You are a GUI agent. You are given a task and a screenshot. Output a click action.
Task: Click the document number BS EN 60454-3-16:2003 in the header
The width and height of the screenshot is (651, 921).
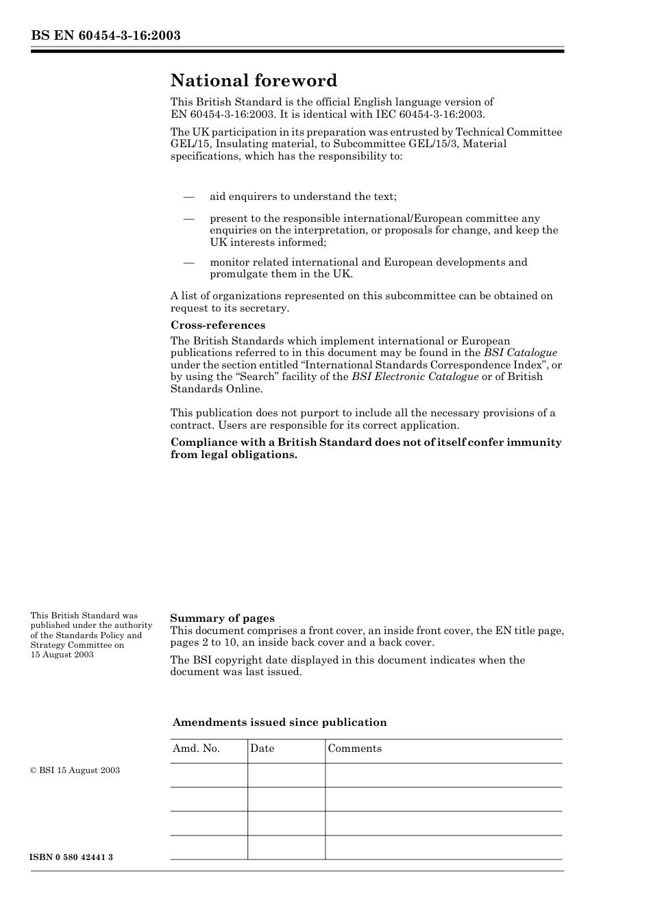pyautogui.click(x=106, y=36)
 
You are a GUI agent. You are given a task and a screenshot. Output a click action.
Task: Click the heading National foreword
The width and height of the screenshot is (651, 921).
pyautogui.click(x=254, y=81)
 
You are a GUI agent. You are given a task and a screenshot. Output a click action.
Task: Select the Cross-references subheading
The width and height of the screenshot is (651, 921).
pyautogui.click(x=218, y=325)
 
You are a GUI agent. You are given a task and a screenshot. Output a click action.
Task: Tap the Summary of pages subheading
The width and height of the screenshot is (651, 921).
pyautogui.click(x=222, y=618)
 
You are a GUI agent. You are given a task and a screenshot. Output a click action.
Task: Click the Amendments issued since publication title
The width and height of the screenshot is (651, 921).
pyautogui.click(x=280, y=722)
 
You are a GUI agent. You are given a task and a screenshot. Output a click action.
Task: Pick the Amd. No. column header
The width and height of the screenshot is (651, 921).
pyautogui.click(x=196, y=748)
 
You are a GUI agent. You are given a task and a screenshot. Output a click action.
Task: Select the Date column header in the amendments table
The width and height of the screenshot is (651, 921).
pyautogui.click(x=262, y=748)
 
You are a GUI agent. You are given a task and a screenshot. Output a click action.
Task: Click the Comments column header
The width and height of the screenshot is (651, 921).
pyautogui.click(x=354, y=748)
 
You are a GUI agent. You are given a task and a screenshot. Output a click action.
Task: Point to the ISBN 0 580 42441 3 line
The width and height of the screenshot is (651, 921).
pyautogui.click(x=72, y=857)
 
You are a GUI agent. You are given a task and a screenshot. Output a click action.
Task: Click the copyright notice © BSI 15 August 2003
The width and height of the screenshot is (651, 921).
pyautogui.click(x=75, y=770)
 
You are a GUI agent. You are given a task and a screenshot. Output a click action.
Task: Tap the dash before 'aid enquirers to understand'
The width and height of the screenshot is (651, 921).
pyautogui.click(x=190, y=197)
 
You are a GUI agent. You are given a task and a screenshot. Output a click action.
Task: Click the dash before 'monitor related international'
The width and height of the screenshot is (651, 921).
pyautogui.click(x=190, y=262)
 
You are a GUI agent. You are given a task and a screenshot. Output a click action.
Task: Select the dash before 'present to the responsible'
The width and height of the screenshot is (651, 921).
pyautogui.click(x=190, y=219)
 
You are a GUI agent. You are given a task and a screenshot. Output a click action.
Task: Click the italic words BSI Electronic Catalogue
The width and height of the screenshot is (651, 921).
pyautogui.click(x=415, y=377)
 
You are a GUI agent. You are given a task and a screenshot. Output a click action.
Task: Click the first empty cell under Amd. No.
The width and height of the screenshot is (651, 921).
pyautogui.click(x=208, y=775)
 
